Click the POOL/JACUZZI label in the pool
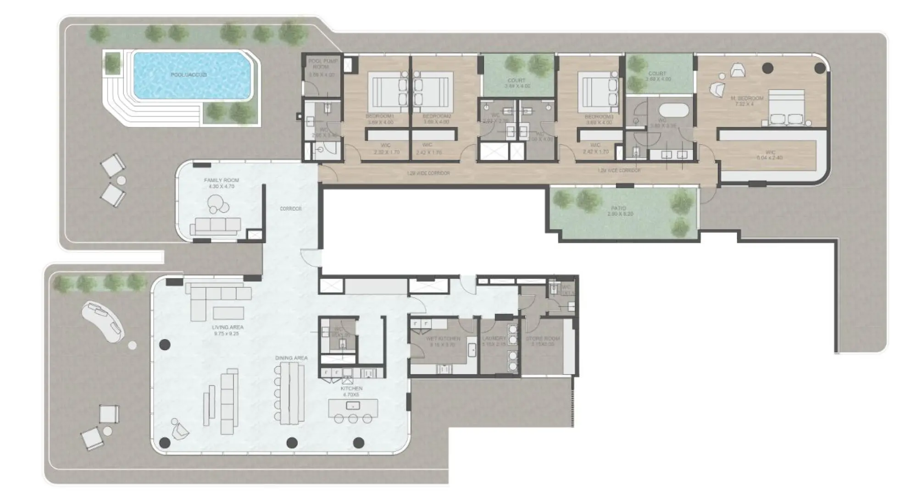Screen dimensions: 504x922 click(189, 75)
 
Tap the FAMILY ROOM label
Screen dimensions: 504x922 click(222, 181)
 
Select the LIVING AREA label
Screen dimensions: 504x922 click(228, 328)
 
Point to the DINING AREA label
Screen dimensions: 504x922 click(291, 358)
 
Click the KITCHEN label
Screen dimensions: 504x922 click(351, 389)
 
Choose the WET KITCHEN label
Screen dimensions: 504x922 click(443, 339)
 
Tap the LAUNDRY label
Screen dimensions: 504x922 click(494, 339)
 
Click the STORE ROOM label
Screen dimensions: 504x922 click(543, 339)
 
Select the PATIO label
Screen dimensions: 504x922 click(619, 208)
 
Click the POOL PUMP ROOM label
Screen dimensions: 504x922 click(322, 64)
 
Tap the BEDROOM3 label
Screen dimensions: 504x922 click(599, 117)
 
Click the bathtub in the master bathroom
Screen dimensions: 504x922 click(673, 111)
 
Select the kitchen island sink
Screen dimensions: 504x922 click(352, 405)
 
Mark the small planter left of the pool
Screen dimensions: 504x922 click(112, 63)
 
